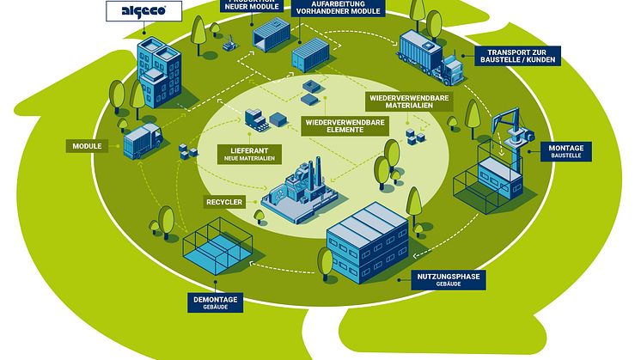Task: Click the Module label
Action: (89, 146)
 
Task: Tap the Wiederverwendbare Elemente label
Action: (345, 126)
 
